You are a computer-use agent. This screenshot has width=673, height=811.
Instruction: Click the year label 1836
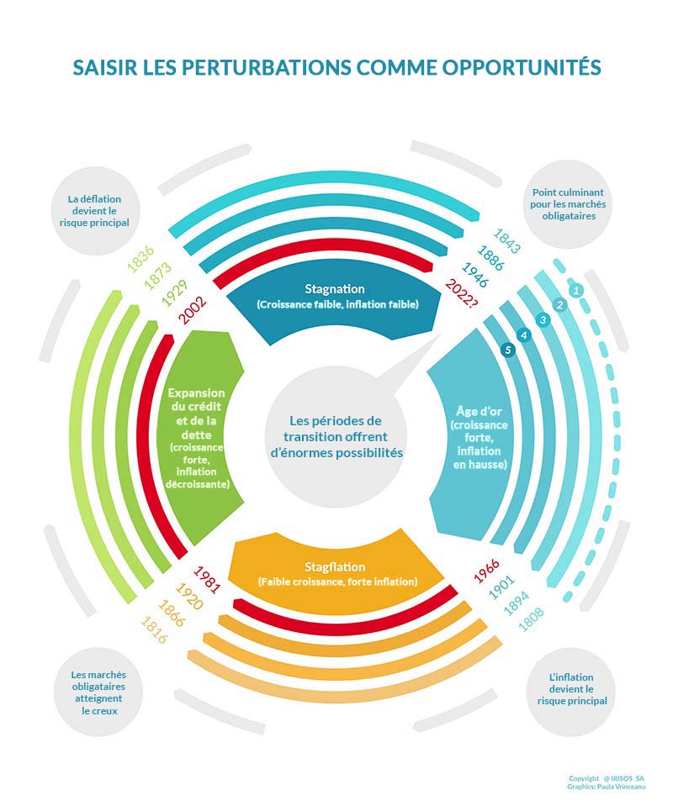tap(140, 259)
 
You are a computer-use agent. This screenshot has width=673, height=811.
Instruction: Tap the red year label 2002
tap(193, 310)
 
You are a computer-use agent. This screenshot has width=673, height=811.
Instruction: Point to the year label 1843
tap(506, 241)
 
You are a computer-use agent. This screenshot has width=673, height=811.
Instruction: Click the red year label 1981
tap(207, 579)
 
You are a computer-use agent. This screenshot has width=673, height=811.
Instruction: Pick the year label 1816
tap(154, 629)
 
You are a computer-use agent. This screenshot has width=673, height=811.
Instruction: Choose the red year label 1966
tap(486, 571)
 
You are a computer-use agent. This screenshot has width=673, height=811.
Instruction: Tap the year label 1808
tap(531, 619)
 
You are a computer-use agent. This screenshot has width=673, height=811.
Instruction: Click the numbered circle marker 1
tap(575, 290)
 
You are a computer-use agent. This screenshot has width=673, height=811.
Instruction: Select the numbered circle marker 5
tap(508, 350)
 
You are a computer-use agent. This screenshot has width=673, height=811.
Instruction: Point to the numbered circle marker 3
tap(543, 320)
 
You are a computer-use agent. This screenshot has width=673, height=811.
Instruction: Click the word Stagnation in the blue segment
tap(335, 289)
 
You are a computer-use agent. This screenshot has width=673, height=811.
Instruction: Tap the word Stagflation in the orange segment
tap(335, 567)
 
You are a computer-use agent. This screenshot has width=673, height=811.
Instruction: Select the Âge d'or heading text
tap(479, 411)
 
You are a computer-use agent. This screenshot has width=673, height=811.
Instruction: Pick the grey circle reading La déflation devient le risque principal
tap(95, 211)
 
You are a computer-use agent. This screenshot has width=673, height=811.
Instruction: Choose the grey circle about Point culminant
tap(568, 204)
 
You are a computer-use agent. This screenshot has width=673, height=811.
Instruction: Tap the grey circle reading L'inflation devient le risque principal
tap(571, 690)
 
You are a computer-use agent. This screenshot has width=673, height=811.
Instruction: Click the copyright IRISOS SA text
tap(607, 778)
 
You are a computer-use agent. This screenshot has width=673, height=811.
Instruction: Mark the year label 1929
tap(174, 293)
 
